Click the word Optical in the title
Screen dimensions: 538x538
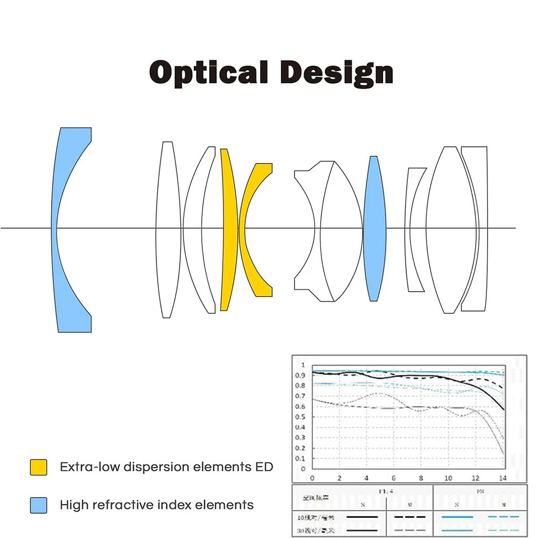coord(208,73)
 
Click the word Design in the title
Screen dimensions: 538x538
coord(337,73)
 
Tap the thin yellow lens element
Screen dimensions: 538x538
coord(228,231)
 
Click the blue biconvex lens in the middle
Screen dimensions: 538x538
coord(375,228)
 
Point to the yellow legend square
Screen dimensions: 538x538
coord(38,467)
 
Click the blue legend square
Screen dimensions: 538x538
coord(38,505)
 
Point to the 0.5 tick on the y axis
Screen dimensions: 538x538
coord(301,417)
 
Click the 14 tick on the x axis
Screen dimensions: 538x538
coord(503,478)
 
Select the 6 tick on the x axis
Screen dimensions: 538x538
coord(394,478)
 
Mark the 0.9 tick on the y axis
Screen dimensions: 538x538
coord(301,376)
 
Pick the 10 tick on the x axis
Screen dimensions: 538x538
coord(448,478)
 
